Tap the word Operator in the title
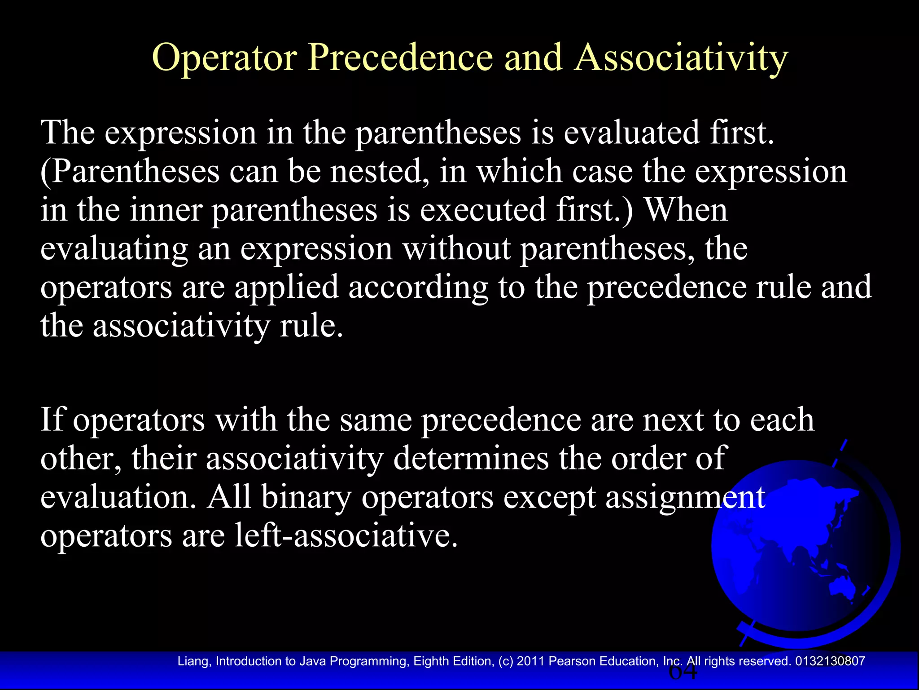click(x=224, y=58)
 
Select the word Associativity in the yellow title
click(x=681, y=58)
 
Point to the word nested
click(x=380, y=172)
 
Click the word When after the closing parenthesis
click(x=686, y=210)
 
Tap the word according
click(x=418, y=287)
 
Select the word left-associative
click(x=346, y=535)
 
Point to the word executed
click(x=483, y=210)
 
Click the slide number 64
click(x=683, y=672)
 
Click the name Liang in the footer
click(x=193, y=661)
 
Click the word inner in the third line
click(x=166, y=210)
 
